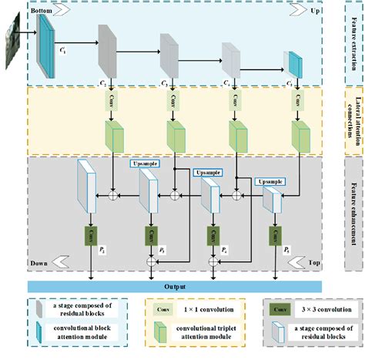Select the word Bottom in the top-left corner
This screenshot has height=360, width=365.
pos(42,12)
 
